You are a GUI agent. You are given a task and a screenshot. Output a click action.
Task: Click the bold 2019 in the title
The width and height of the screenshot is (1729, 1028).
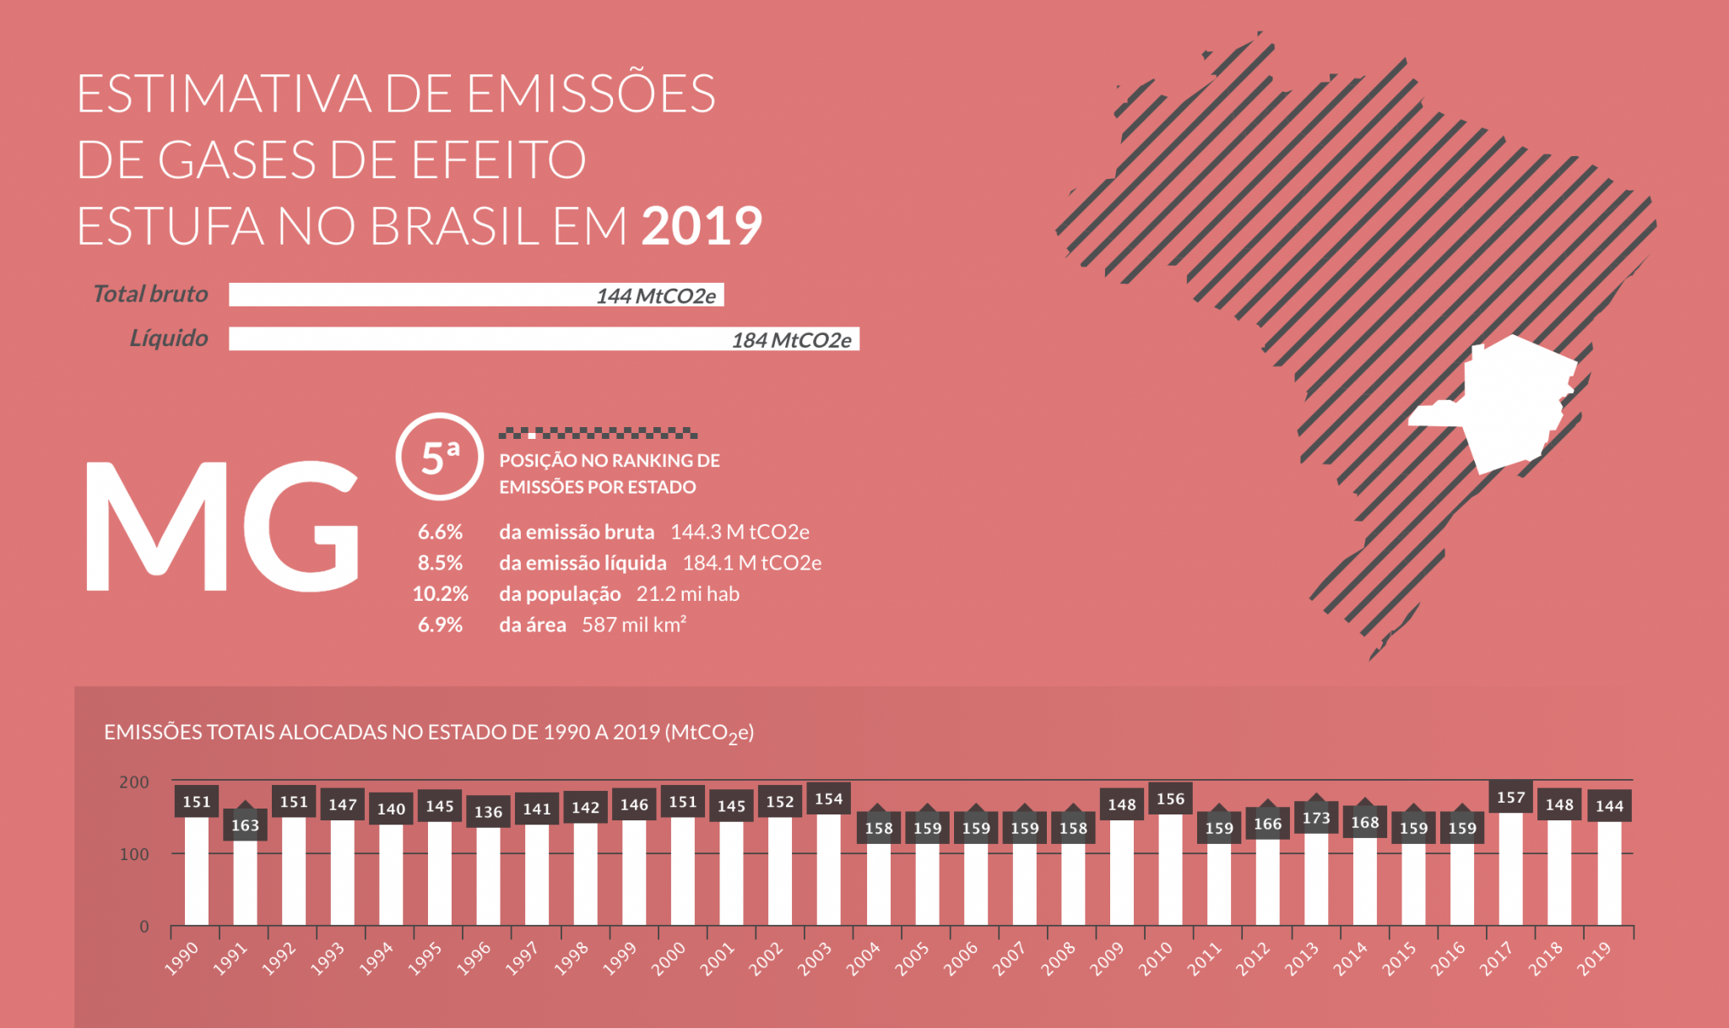(x=702, y=226)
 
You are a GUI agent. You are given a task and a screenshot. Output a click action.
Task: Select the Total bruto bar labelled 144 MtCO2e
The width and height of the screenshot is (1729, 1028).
(x=476, y=295)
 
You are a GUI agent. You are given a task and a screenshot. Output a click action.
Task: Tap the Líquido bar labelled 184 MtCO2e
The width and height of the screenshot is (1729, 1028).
(x=544, y=338)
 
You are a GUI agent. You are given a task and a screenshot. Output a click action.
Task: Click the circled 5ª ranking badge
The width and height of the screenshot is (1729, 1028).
(x=439, y=456)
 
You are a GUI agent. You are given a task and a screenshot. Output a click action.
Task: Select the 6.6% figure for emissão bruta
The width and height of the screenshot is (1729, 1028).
(x=440, y=532)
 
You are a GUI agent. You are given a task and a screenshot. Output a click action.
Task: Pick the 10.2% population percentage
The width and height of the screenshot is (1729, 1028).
(x=440, y=593)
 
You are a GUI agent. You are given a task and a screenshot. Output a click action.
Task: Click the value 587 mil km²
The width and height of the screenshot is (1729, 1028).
(x=633, y=625)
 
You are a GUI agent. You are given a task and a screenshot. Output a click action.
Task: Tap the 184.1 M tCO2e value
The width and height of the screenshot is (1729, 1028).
(x=751, y=563)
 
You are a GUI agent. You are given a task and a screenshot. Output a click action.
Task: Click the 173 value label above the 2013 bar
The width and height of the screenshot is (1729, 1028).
(x=1316, y=818)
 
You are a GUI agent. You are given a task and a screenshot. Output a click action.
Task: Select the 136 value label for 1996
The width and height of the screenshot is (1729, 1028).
(x=488, y=812)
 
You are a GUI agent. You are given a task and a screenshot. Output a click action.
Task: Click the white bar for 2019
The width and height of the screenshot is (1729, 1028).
(x=1609, y=873)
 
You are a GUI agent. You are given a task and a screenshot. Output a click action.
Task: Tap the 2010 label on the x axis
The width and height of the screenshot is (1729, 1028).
(x=1156, y=959)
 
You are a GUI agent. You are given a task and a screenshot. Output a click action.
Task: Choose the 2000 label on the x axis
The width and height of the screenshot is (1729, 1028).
(x=669, y=960)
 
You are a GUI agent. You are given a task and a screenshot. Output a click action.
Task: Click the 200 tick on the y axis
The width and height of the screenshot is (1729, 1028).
(x=134, y=782)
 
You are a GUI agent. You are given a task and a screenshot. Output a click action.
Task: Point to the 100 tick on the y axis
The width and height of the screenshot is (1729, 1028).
(x=134, y=854)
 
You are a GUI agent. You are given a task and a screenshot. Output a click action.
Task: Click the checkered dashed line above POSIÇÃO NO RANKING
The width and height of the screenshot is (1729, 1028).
(x=598, y=433)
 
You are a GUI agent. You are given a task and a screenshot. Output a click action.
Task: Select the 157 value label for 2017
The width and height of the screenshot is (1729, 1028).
(x=1510, y=798)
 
